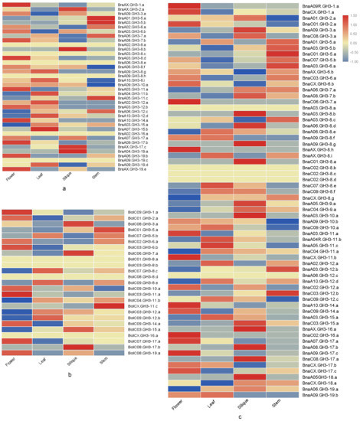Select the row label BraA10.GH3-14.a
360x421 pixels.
tap(132, 120)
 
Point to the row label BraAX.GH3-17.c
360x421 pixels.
tap(131, 146)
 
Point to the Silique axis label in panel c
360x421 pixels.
tap(239, 412)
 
